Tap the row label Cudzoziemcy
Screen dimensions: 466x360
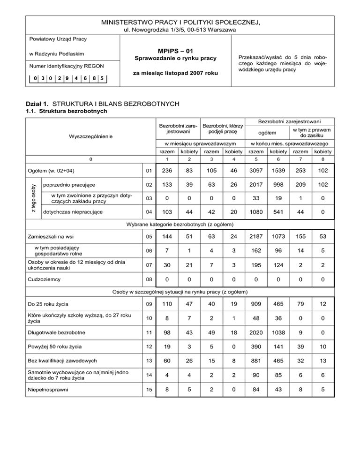(45, 280)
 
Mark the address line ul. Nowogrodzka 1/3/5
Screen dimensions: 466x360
(180, 30)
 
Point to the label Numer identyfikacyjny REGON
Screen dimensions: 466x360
(66, 66)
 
